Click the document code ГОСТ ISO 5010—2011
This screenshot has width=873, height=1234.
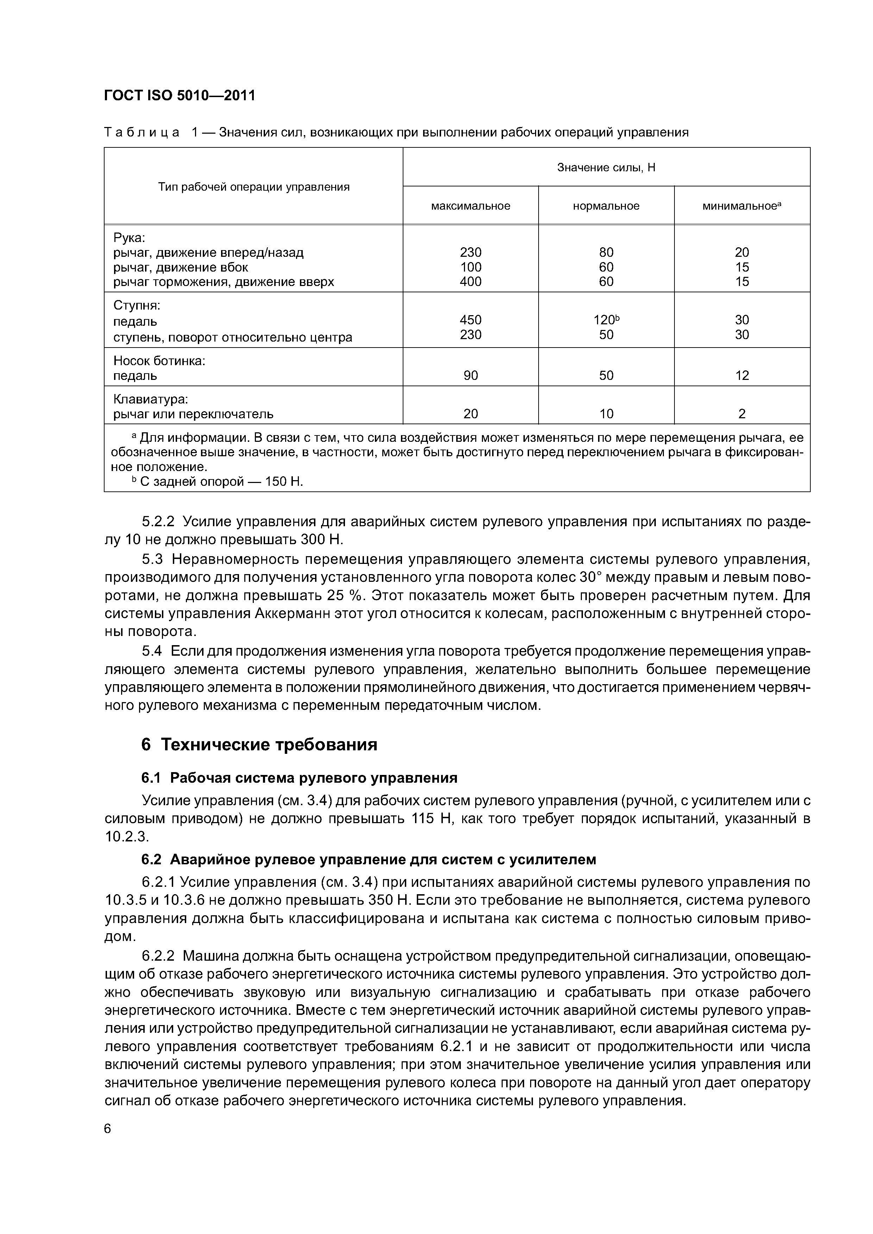pyautogui.click(x=179, y=96)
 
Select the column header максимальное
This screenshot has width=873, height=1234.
pyautogui.click(x=470, y=206)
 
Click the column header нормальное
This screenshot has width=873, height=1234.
pyautogui.click(x=606, y=206)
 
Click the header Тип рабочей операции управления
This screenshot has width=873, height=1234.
pyautogui.click(x=253, y=186)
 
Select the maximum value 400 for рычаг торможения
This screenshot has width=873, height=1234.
pyautogui.click(x=470, y=282)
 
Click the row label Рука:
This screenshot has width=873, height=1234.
pyautogui.click(x=129, y=237)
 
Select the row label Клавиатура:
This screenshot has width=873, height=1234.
pyautogui.click(x=150, y=399)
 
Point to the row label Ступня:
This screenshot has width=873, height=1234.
pyautogui.click(x=137, y=305)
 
